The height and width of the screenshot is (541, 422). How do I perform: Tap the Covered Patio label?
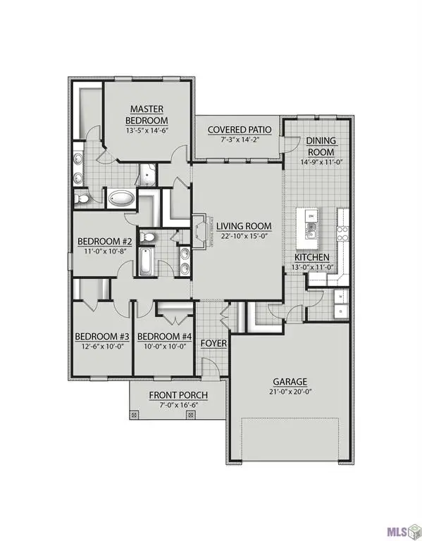[x=236, y=130]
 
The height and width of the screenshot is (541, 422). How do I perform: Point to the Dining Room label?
[x=321, y=146]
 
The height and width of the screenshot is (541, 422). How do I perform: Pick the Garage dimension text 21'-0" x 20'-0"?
[x=291, y=392]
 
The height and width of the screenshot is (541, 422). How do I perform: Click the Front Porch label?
[x=177, y=395]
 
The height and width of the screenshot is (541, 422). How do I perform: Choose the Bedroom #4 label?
[x=163, y=335]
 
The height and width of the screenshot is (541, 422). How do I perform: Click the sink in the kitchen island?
[x=311, y=226]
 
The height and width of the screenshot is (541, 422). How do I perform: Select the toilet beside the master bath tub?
[x=82, y=200]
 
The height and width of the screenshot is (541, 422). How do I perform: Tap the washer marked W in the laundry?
[x=341, y=297]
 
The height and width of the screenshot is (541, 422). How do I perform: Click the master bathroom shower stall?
[x=148, y=172]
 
